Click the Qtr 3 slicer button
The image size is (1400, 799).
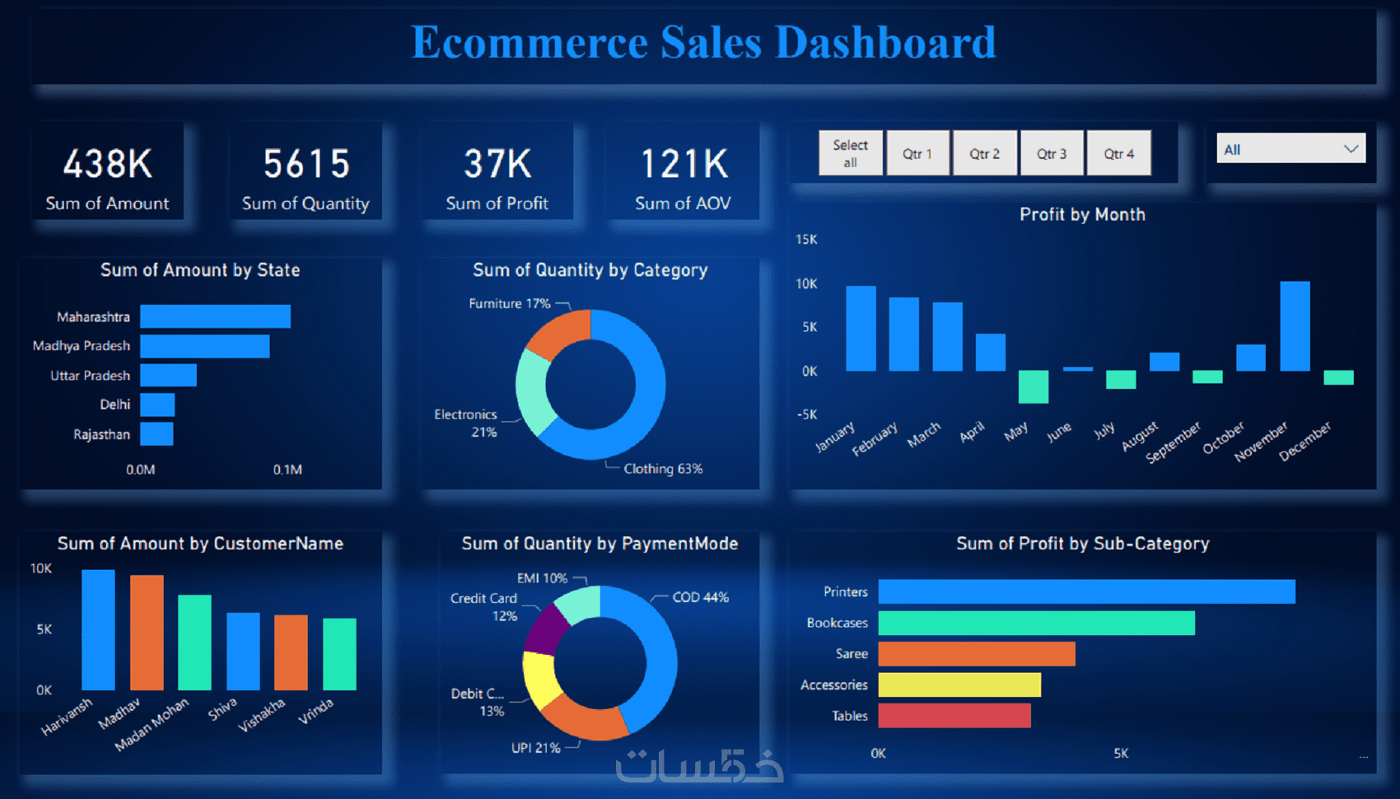pos(1052,153)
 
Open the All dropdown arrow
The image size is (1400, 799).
pos(1351,149)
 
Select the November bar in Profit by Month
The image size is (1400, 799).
pos(1295,326)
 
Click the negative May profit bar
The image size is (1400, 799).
pos(1033,386)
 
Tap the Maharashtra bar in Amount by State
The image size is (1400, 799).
pos(215,316)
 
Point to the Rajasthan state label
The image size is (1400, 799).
pos(101,434)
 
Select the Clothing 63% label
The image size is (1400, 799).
pos(663,469)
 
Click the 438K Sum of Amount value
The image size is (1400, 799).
pos(108,164)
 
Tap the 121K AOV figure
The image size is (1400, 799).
pos(684,164)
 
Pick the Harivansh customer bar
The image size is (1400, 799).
pos(98,629)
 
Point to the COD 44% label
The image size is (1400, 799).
pos(700,597)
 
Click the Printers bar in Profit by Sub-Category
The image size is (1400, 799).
pos(1086,591)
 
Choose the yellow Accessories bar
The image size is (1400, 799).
pos(959,685)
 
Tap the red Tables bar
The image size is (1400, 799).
pos(954,716)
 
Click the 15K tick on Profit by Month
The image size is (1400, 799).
pos(806,240)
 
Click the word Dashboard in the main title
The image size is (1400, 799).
pos(885,43)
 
